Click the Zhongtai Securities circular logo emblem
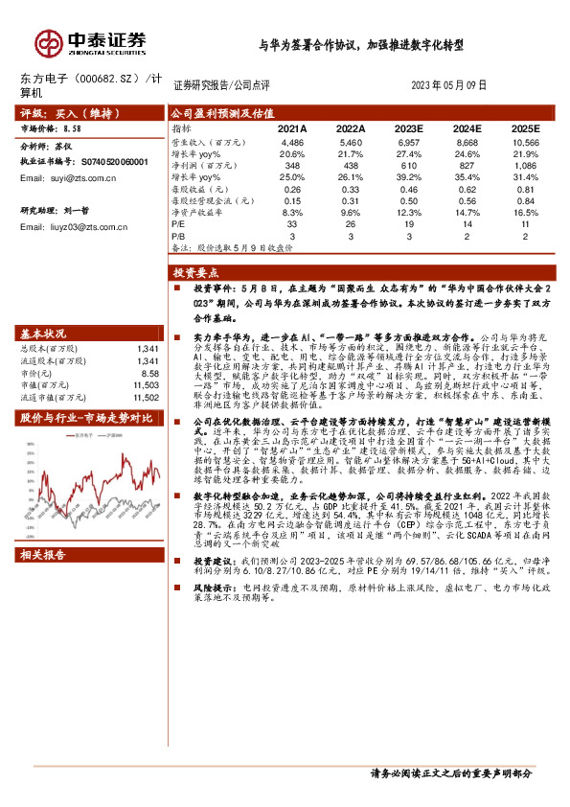[x=48, y=43]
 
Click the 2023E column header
[x=408, y=127]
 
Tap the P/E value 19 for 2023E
[x=408, y=223]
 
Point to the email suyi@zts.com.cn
[x=74, y=178]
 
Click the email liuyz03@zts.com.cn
[x=81, y=227]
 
